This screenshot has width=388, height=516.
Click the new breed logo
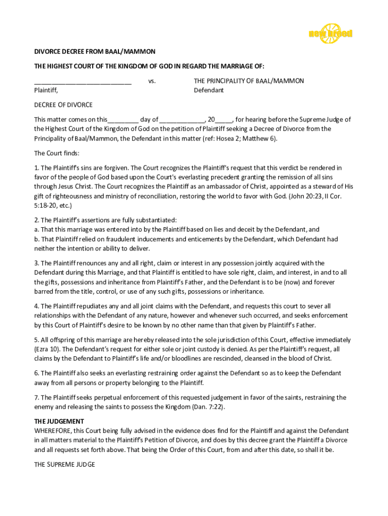[330, 33]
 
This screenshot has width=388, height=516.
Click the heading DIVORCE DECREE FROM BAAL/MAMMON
[95, 51]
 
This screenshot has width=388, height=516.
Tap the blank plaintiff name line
[83, 83]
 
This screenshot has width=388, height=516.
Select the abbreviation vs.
[152, 81]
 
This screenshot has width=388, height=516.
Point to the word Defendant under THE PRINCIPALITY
[209, 90]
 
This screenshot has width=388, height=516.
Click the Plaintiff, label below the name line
[46, 90]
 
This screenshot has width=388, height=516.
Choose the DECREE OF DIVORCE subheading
[63, 105]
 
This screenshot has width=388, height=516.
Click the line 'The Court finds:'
[56, 153]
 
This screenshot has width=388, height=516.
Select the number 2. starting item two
[37, 220]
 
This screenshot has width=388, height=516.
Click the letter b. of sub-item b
[37, 239]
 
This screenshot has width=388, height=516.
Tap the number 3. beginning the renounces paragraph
[37, 263]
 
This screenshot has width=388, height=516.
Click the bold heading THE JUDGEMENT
[59, 421]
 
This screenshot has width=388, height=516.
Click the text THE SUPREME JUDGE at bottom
[64, 465]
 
